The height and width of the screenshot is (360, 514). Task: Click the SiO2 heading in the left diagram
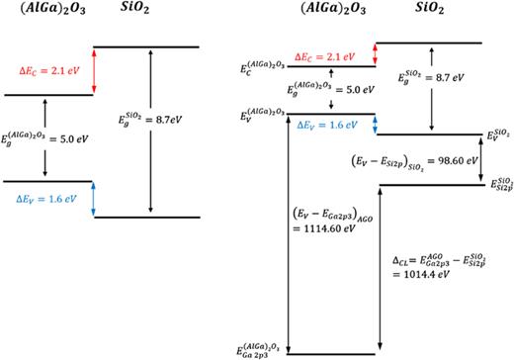pos(140,15)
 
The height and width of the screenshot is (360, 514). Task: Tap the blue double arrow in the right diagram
pos(288,125)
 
